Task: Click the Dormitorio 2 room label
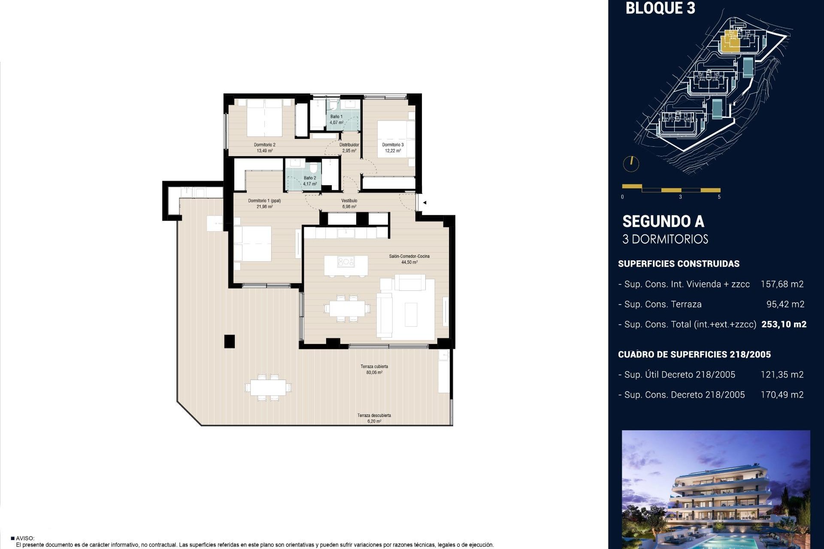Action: (x=264, y=145)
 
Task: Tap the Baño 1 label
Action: (x=336, y=117)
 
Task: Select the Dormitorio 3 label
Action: (x=393, y=145)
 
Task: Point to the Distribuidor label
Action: (x=349, y=145)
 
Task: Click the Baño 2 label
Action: (x=309, y=178)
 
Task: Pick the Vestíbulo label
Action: (x=349, y=201)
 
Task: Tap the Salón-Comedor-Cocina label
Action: (x=409, y=256)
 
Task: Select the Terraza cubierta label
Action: (x=374, y=367)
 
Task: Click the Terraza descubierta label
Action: (x=374, y=416)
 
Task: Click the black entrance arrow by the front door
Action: (x=424, y=202)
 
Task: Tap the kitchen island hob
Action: (x=345, y=262)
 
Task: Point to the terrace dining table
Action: (x=268, y=388)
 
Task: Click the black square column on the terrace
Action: (x=230, y=341)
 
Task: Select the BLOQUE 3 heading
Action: (x=660, y=8)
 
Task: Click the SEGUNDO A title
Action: (x=663, y=222)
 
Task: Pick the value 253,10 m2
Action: (x=784, y=325)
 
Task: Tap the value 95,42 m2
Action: (x=785, y=305)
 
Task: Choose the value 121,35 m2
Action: (x=782, y=375)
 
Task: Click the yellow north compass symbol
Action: (x=631, y=163)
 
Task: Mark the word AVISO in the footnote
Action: (x=25, y=538)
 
